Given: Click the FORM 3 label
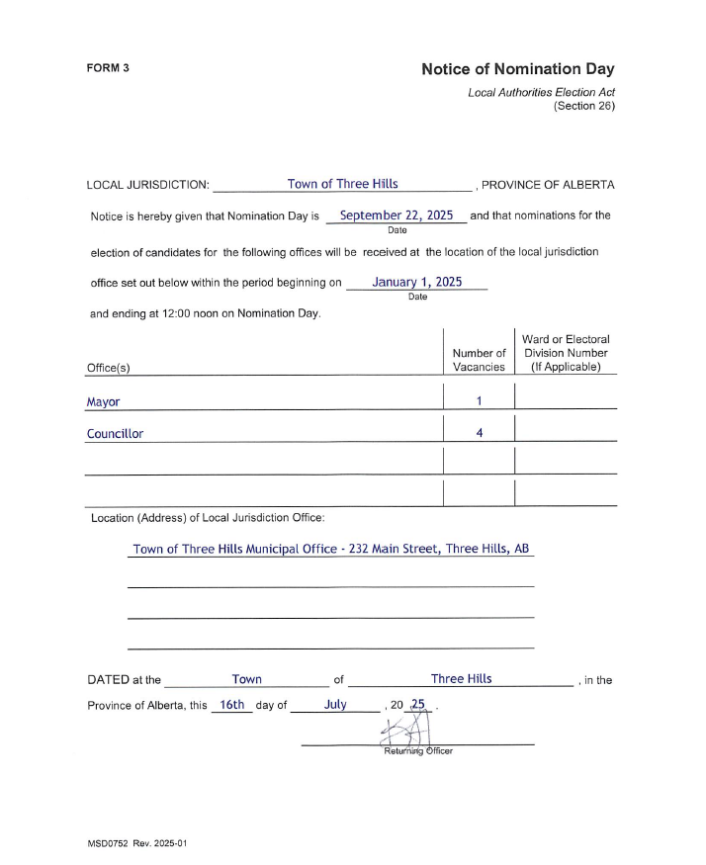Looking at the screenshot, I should pyautogui.click(x=108, y=68).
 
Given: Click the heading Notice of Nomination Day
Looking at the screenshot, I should pyautogui.click(x=517, y=69).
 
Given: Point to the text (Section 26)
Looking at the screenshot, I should pyautogui.click(x=583, y=105).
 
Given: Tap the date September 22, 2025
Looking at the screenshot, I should pyautogui.click(x=396, y=215).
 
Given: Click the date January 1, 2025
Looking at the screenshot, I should pyautogui.click(x=416, y=282).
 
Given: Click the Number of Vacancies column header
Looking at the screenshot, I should pyautogui.click(x=479, y=360).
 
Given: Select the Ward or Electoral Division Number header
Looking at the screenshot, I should pyautogui.click(x=566, y=353).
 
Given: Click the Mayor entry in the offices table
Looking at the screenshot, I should pyautogui.click(x=103, y=402).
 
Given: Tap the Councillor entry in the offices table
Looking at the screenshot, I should pyautogui.click(x=115, y=433).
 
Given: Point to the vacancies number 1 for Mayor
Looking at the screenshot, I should pyautogui.click(x=479, y=401).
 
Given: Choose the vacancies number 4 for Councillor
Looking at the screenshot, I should pyautogui.click(x=479, y=432).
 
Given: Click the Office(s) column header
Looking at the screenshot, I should pyautogui.click(x=109, y=367).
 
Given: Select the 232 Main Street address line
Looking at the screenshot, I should pyautogui.click(x=330, y=549).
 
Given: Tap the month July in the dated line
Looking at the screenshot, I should pyautogui.click(x=335, y=705).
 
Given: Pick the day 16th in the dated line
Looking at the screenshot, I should pyautogui.click(x=231, y=705).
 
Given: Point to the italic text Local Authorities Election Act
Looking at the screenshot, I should pyautogui.click(x=541, y=92).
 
